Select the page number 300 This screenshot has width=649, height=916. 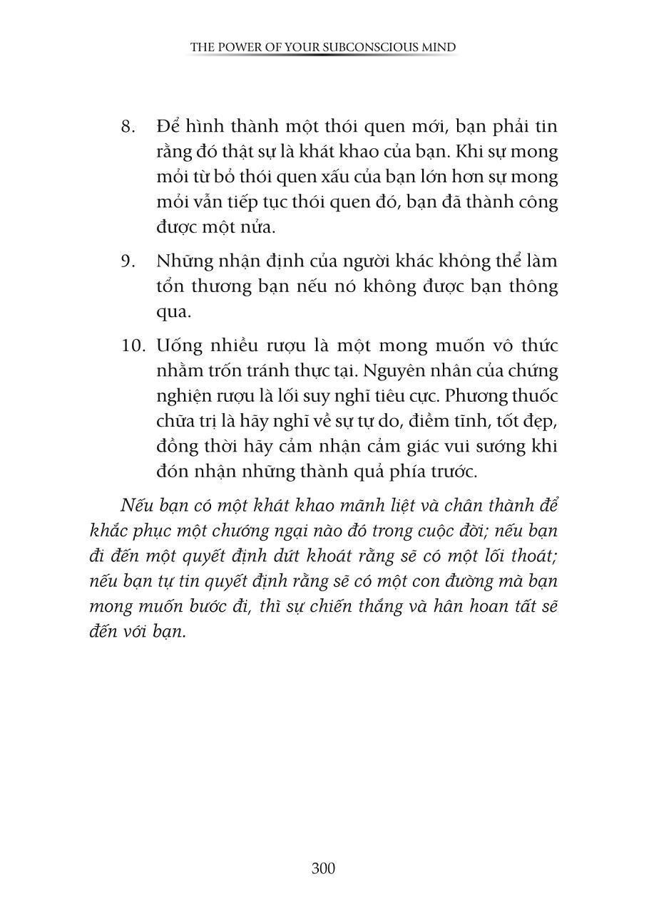[x=323, y=868]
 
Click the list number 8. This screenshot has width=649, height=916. [x=128, y=127]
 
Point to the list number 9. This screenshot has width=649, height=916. [x=128, y=261]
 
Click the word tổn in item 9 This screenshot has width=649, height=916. [x=170, y=286]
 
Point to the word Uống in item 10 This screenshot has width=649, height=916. [x=178, y=346]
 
